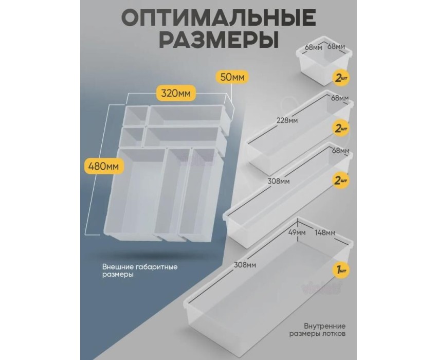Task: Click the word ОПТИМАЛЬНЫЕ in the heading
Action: tap(219, 19)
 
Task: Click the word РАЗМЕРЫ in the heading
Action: tap(219, 39)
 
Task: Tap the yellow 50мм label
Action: tap(232, 77)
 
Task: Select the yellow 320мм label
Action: tap(176, 93)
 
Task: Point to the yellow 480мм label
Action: tap(103, 167)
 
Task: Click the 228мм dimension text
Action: tap(287, 120)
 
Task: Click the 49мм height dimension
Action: tap(298, 232)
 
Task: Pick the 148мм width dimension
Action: tap(325, 232)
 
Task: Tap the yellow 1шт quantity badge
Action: tap(341, 270)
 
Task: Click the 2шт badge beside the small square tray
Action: tap(341, 78)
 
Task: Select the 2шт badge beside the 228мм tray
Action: tap(341, 129)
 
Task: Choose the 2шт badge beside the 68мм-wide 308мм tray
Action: tap(341, 180)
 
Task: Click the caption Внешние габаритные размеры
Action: tap(140, 271)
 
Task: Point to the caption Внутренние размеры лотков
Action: tap(317, 330)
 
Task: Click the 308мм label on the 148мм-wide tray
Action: tap(245, 265)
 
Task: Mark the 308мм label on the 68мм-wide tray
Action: tap(279, 181)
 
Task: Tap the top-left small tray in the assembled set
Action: tap(135, 116)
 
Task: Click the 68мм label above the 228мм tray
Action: tap(340, 98)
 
